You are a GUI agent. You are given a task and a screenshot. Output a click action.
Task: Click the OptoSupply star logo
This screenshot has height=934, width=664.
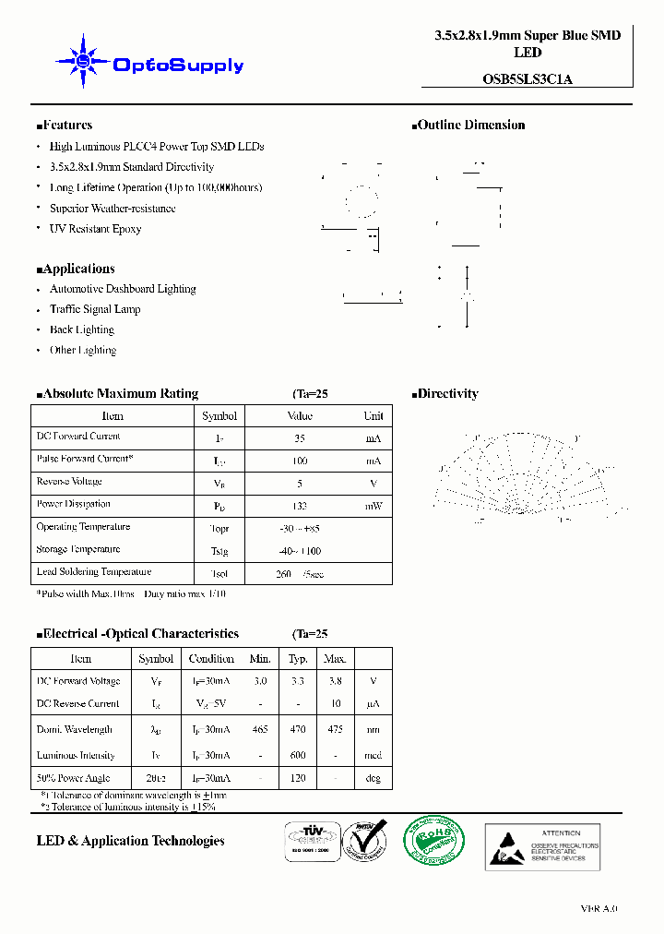[x=83, y=62]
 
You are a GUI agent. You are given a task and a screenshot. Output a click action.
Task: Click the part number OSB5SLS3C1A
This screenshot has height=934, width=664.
[x=527, y=79]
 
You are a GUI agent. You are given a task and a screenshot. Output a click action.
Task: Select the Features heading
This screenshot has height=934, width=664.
[x=65, y=126]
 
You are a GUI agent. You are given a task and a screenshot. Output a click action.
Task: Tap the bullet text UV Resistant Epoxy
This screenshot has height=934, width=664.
[x=95, y=229]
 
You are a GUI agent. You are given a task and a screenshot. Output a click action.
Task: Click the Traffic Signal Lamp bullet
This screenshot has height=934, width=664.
[x=95, y=309]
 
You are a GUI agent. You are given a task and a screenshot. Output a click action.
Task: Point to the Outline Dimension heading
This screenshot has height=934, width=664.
[x=469, y=126]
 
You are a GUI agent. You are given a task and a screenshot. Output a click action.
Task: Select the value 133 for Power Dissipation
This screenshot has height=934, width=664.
[x=299, y=506]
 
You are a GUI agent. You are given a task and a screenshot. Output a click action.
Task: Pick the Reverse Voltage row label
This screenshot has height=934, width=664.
[x=69, y=482]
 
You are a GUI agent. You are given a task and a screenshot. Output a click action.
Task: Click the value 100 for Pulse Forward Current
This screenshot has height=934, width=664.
[x=299, y=461]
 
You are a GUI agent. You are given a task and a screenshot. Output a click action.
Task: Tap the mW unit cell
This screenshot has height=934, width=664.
[x=373, y=506]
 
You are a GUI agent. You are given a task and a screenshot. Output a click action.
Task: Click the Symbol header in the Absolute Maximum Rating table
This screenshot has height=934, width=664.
[x=219, y=416]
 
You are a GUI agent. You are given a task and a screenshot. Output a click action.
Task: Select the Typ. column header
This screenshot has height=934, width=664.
[x=298, y=659]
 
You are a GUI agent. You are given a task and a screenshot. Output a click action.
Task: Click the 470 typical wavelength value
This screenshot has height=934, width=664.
[x=298, y=729]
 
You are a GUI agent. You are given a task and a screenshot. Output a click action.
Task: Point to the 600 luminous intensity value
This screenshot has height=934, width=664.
[x=298, y=755]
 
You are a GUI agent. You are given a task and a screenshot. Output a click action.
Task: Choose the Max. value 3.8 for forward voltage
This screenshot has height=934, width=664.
[x=335, y=681]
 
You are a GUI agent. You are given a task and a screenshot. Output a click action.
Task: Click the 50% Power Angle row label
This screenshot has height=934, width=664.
[x=75, y=778]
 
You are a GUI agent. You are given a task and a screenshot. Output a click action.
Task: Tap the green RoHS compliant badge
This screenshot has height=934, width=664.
[x=433, y=844]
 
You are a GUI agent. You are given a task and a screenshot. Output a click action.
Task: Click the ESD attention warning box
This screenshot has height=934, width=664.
[x=542, y=846]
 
